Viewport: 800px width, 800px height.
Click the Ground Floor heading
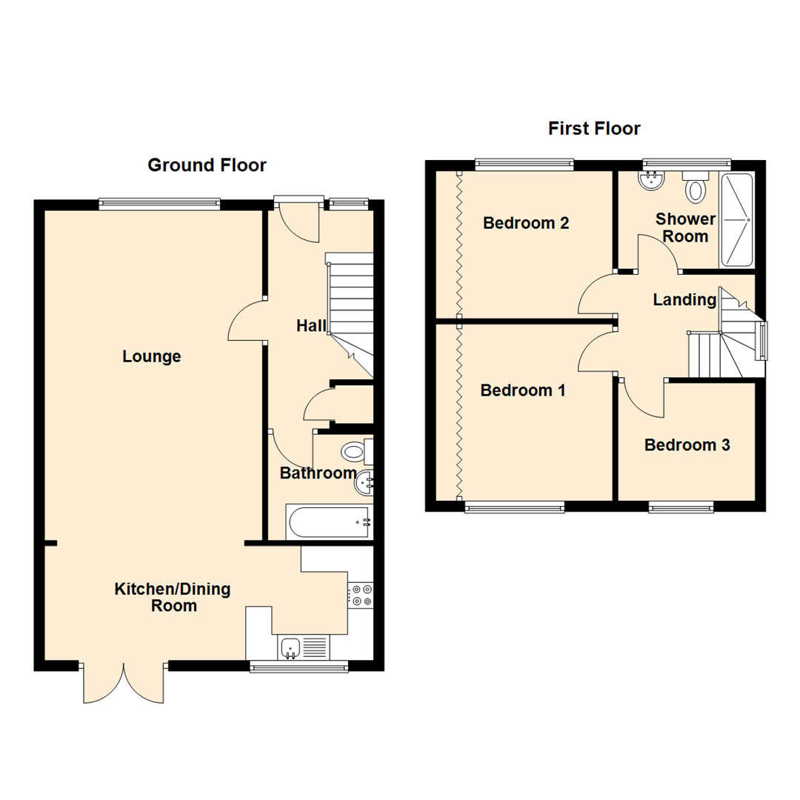click(207, 164)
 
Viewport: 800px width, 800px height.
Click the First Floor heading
click(594, 128)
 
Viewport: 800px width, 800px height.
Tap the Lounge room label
click(152, 357)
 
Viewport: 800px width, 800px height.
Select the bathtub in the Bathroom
click(328, 522)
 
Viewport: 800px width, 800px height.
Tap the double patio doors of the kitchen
click(123, 683)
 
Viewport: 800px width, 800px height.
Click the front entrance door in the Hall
click(299, 220)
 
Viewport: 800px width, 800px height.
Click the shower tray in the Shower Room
click(736, 219)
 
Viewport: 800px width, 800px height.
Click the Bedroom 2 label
click(526, 223)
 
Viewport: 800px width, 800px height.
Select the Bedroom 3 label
click(687, 445)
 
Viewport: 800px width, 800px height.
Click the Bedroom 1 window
click(515, 507)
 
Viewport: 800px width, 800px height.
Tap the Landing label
click(684, 300)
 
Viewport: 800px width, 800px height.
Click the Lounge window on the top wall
click(159, 202)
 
